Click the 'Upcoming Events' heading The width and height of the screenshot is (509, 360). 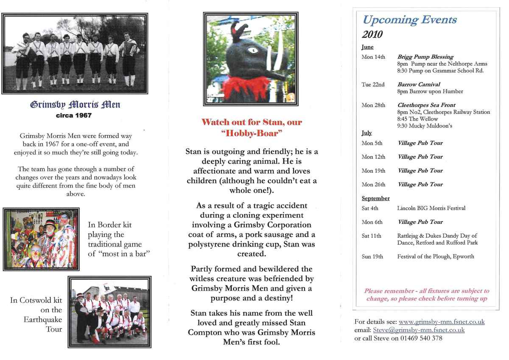[x=409, y=20]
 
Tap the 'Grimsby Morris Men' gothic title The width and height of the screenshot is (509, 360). [x=75, y=104]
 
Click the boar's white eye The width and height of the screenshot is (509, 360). [x=253, y=50]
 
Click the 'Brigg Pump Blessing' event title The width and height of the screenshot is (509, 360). [x=425, y=57]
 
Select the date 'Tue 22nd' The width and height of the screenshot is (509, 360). [x=373, y=84]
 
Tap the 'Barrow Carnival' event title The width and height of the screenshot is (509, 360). [x=419, y=84]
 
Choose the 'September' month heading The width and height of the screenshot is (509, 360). [x=375, y=198]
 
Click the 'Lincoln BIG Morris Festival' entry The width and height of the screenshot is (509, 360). [x=431, y=208]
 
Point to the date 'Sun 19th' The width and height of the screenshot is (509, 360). [x=372, y=256]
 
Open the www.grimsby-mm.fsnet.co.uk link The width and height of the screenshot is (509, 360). [x=442, y=322]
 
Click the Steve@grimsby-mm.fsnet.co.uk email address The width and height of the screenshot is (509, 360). [x=419, y=330]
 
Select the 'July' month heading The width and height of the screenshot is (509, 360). [x=366, y=133]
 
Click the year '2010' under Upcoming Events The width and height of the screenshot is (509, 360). [x=372, y=34]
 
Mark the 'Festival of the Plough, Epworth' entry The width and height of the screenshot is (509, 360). [x=436, y=256]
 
